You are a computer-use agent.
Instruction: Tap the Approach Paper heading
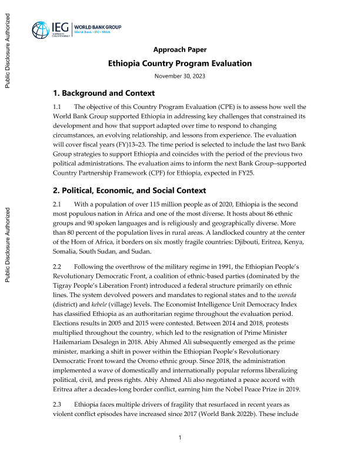click(x=180, y=49)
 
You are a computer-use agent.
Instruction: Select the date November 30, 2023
click(x=180, y=76)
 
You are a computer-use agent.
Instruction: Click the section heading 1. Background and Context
click(x=104, y=94)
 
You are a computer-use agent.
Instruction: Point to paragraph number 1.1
click(x=58, y=107)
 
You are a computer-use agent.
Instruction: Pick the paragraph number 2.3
click(x=58, y=405)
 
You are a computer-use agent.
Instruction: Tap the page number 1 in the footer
click(x=180, y=438)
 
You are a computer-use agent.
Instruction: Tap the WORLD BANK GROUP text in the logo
click(x=98, y=27)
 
